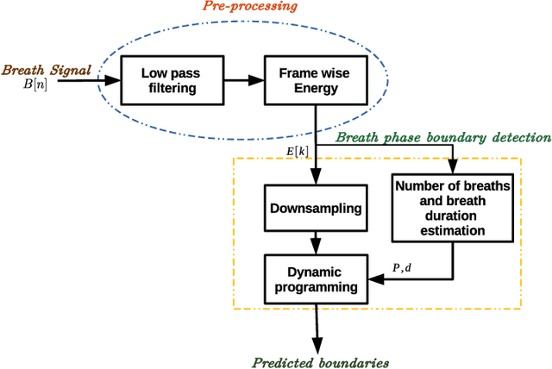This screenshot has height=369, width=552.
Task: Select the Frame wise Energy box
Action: [x=316, y=79]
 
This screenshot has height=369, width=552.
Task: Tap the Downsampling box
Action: [x=317, y=208]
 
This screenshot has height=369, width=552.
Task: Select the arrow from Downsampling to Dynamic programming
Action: [x=317, y=241]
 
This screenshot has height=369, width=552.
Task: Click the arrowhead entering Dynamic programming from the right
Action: [x=376, y=278]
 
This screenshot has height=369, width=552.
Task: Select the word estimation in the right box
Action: [x=451, y=231]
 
